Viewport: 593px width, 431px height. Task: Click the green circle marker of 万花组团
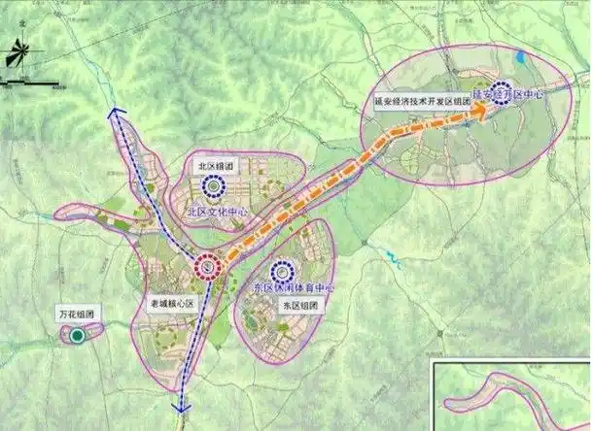click(76, 336)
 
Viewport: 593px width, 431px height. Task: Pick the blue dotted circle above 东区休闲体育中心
click(282, 272)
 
